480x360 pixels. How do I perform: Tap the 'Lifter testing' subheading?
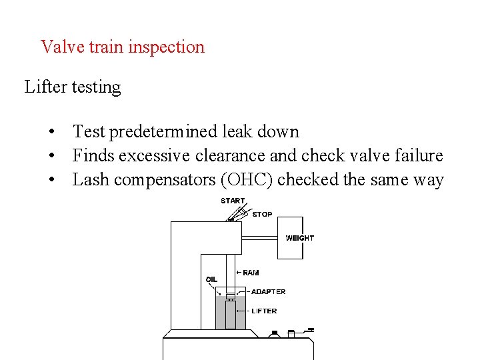pos(73,87)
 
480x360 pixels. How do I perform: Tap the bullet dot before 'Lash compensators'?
pos(51,180)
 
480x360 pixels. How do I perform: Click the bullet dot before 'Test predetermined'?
pos(51,132)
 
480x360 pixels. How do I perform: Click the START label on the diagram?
pos(233,201)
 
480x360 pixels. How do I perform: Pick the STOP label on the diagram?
pos(262,215)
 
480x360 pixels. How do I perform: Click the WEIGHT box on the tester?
pos(290,238)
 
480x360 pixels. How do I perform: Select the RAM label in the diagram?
pos(251,273)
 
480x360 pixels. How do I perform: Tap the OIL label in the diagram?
pos(211,279)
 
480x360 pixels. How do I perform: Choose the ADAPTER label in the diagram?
pos(268,292)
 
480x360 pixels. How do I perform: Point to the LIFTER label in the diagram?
pos(264,311)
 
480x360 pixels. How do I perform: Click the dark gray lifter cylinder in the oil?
pos(231,314)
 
